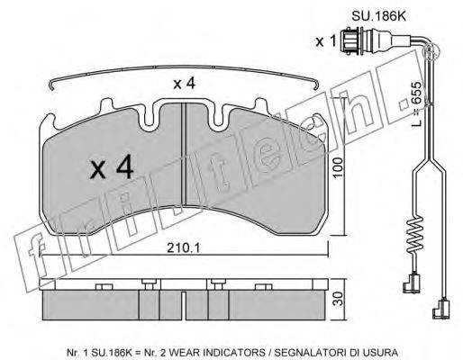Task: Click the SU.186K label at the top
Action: click(x=378, y=16)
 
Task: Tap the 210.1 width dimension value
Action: click(x=183, y=247)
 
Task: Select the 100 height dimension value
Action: click(x=338, y=167)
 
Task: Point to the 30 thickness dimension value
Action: click(x=339, y=299)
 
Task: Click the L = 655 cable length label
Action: click(x=417, y=103)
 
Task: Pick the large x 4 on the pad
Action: click(x=112, y=166)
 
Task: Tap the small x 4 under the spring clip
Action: click(x=185, y=83)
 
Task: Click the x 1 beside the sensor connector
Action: click(x=326, y=41)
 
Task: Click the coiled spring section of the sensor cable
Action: click(x=415, y=235)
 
